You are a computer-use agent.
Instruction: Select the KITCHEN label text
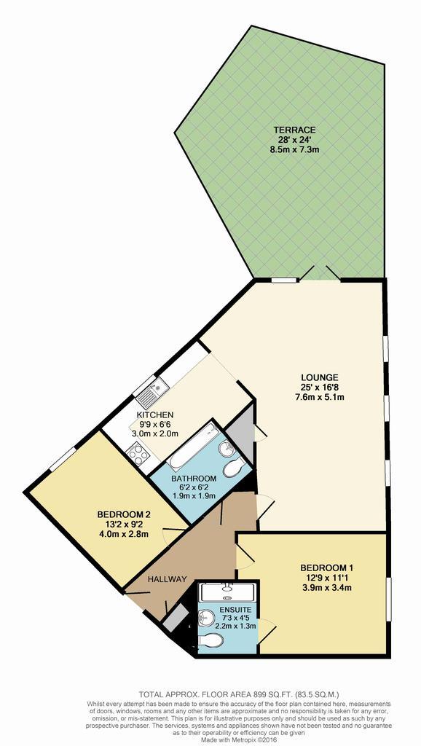(x=154, y=414)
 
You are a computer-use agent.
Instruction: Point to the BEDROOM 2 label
(x=124, y=514)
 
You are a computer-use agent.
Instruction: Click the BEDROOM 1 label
(x=326, y=568)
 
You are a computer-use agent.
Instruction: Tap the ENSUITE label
(x=232, y=609)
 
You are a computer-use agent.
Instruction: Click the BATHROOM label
(x=194, y=478)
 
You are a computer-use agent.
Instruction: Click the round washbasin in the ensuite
(x=207, y=619)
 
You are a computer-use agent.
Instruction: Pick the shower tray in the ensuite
(x=228, y=592)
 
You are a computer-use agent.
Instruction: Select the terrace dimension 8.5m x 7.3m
(x=294, y=149)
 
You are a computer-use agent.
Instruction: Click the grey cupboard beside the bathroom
(x=240, y=441)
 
